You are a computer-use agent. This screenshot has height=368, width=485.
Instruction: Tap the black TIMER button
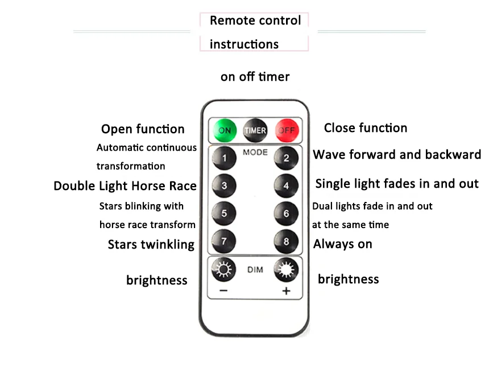tap(255, 130)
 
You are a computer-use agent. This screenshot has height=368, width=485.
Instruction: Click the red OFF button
tap(285, 130)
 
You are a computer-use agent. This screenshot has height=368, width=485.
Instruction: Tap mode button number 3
tap(224, 185)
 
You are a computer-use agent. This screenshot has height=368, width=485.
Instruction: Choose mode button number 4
tap(286, 185)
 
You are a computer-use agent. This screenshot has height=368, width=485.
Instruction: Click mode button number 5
tap(224, 213)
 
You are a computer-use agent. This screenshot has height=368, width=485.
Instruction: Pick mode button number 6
tap(286, 213)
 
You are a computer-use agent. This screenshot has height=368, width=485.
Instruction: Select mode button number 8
tap(286, 241)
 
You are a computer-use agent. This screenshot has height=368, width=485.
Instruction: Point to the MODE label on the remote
tap(255, 152)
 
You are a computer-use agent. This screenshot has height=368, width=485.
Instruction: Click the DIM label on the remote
tap(255, 270)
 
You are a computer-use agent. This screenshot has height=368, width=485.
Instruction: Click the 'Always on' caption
tap(343, 244)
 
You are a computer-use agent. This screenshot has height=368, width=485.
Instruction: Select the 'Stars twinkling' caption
tap(151, 245)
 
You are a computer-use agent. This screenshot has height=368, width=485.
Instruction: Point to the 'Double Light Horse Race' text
tap(125, 186)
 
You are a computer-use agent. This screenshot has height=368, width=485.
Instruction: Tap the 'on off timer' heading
tap(255, 76)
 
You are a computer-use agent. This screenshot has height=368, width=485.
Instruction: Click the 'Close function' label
tap(366, 128)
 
